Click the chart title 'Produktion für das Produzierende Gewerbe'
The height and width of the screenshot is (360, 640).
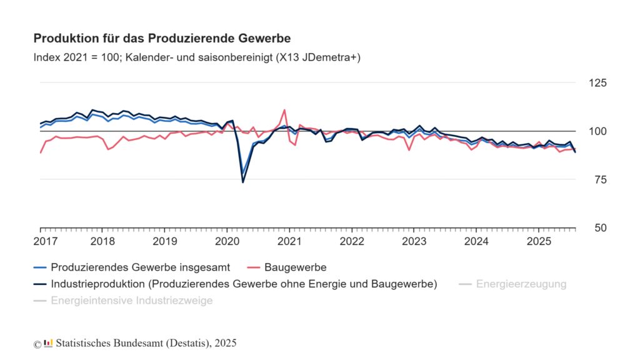point(162,38)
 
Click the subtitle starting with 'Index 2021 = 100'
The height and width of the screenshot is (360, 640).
point(197,57)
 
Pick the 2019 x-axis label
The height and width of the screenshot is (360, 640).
point(165,241)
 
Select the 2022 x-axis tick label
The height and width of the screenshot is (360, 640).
point(352,241)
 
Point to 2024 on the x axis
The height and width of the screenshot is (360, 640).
point(476,241)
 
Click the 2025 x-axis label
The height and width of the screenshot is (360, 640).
point(539,241)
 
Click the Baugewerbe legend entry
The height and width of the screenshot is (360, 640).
point(295,267)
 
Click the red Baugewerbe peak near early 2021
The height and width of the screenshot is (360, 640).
point(285,110)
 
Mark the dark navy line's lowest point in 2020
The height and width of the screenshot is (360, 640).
point(243,182)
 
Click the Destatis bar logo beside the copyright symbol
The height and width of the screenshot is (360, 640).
point(48,343)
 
